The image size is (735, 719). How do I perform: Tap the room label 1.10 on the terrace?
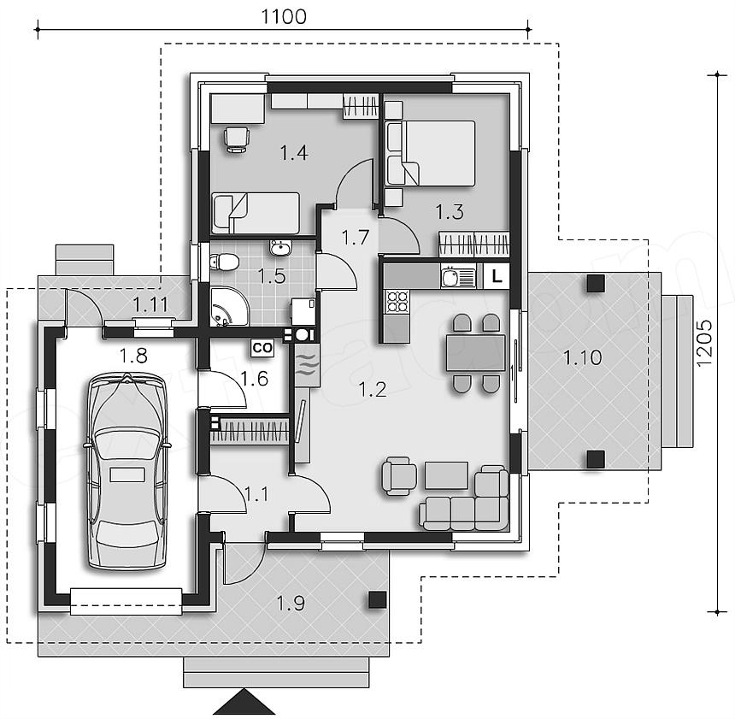(582, 358)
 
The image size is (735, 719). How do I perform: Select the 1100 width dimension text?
(284, 17)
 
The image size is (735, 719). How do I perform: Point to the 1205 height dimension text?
(704, 343)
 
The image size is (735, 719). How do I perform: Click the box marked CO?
(262, 348)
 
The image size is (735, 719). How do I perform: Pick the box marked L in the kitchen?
(497, 276)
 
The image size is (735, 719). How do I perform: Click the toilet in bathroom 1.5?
(224, 262)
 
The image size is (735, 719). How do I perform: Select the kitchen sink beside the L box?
(458, 276)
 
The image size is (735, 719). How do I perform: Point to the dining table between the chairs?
(476, 352)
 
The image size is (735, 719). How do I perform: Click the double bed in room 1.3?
(431, 153)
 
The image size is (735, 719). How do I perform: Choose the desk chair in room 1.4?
(237, 139)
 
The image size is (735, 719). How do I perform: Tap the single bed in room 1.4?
(256, 213)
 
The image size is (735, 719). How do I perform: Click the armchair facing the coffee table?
(399, 476)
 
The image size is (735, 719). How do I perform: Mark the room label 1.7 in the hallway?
(356, 238)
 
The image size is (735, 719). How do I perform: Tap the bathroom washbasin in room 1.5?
(280, 247)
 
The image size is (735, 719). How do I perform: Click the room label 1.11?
(150, 305)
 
